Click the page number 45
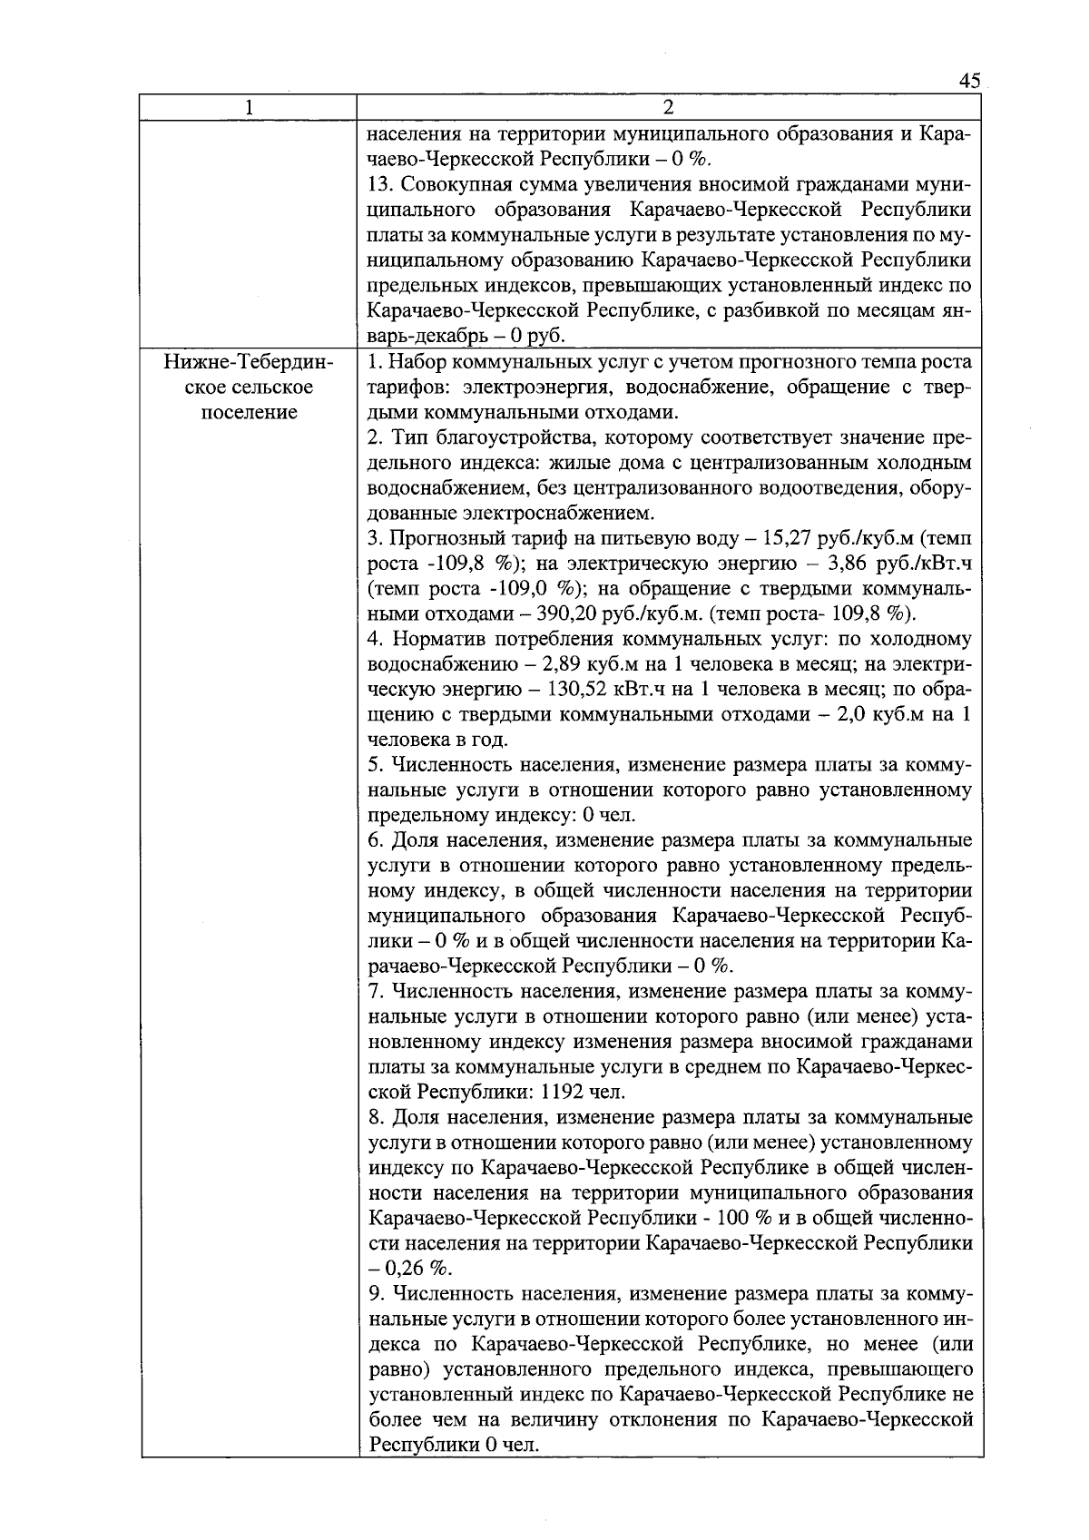point(969,81)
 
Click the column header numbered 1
point(249,107)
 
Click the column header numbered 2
point(669,107)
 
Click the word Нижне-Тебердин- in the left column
point(249,363)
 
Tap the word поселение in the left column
point(249,413)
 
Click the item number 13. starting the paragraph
point(381,186)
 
